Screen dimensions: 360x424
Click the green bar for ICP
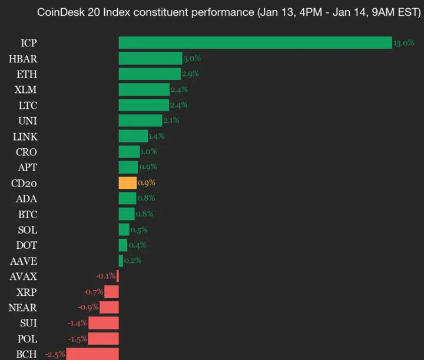click(255, 43)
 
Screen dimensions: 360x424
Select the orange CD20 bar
click(127, 183)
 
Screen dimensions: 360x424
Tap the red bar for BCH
click(92, 354)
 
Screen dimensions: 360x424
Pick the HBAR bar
click(150, 58)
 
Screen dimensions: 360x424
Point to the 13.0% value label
click(404, 44)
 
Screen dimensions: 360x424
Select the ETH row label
click(27, 74)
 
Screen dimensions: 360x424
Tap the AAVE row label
click(24, 261)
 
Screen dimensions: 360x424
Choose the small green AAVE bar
click(121, 261)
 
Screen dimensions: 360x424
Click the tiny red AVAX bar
click(118, 276)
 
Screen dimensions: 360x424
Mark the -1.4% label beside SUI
click(77, 323)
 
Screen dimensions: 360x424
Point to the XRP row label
click(25, 292)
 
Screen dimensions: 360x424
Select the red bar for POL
click(104, 338)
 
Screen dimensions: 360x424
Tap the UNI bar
click(140, 121)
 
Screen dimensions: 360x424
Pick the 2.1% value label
click(171, 121)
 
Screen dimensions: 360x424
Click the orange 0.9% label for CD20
click(147, 183)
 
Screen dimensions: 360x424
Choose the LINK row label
click(25, 136)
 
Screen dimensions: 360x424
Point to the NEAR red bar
click(109, 307)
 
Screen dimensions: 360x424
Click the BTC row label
click(27, 214)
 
